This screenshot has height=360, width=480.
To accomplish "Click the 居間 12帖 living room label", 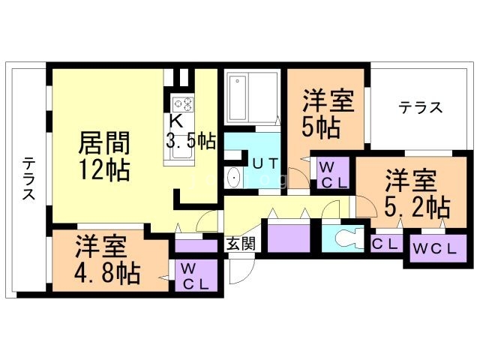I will coord(104,155).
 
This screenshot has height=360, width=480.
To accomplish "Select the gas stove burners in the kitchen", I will coord(182,104).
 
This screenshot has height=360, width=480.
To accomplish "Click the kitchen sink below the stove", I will coord(183,148).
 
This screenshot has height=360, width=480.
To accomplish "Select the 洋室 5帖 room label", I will coord(328,112).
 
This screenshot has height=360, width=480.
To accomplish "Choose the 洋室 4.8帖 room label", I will coord(107,259).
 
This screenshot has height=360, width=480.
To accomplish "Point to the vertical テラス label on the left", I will coord(28,178).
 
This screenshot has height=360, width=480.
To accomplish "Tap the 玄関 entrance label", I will coord(241,243).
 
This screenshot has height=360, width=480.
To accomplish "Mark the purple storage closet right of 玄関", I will coord(289,238).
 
